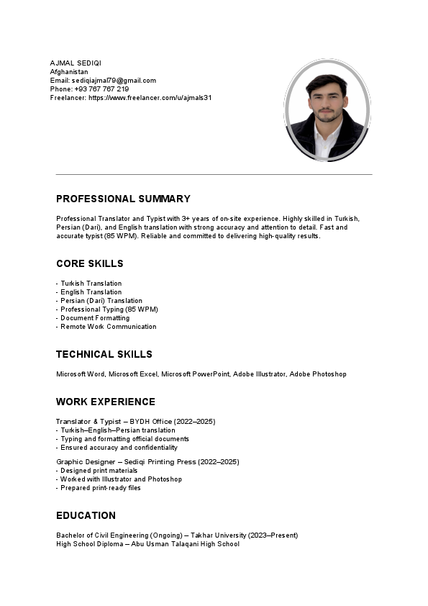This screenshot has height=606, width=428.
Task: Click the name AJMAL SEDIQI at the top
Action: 76,63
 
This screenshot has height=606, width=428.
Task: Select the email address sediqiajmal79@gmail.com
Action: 114,81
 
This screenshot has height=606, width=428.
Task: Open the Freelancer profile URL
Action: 150,98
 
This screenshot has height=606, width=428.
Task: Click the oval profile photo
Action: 327,110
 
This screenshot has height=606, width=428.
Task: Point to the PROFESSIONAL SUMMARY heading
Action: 123,199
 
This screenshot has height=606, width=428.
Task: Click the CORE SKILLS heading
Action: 90,263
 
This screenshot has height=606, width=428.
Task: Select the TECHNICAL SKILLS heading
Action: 104,354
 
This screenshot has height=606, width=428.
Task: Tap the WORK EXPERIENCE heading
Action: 106,402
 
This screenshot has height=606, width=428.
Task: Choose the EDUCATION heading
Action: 86,515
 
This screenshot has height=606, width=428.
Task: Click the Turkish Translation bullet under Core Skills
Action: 91,284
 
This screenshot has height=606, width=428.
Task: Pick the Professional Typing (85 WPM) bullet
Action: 109,309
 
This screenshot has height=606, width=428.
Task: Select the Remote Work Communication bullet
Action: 108,327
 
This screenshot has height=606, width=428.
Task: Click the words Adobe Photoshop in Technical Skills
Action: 318,374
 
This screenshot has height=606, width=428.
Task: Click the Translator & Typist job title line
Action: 135,421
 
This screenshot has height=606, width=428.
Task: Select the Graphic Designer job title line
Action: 147,461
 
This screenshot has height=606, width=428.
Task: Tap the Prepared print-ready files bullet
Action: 100,488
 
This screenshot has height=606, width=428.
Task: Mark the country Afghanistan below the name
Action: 69,72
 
